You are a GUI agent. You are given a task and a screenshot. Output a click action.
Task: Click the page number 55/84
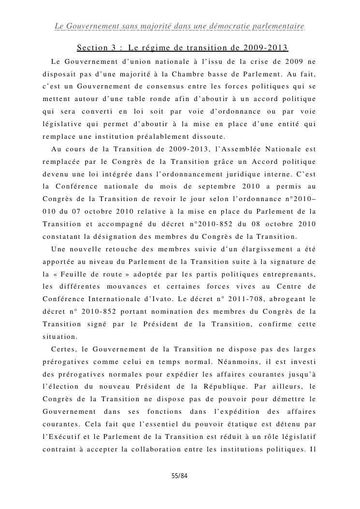click(179, 476)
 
